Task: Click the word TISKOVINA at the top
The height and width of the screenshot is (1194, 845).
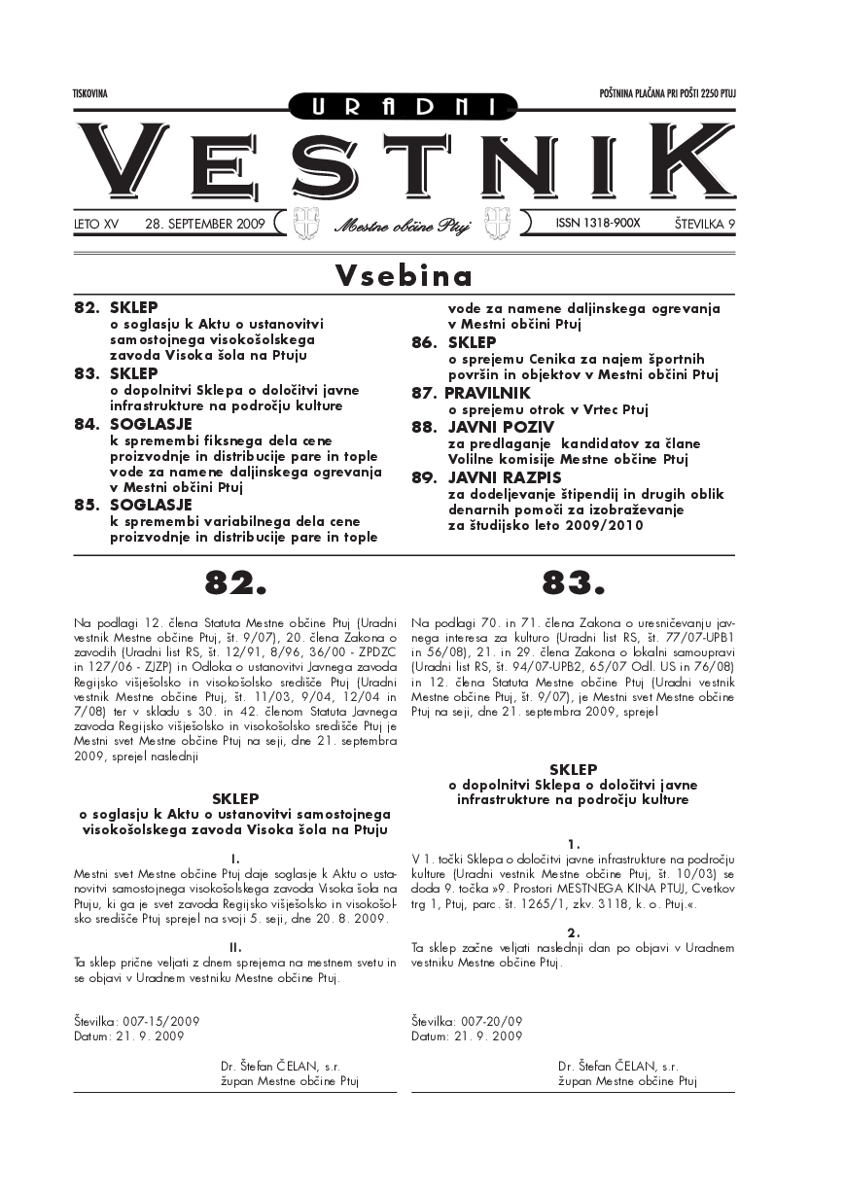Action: [x=89, y=93]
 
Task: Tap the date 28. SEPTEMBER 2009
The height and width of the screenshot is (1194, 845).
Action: [x=204, y=224]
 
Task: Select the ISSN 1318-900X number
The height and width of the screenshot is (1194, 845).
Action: [x=598, y=223]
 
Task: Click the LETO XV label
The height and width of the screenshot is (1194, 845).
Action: [x=96, y=224]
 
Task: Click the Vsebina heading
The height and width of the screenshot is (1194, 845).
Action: [x=404, y=276]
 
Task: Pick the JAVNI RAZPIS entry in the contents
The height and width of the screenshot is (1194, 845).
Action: [x=490, y=477]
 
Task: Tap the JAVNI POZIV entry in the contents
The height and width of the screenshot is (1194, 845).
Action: [x=487, y=427]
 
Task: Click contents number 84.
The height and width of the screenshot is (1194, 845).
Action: [x=88, y=424]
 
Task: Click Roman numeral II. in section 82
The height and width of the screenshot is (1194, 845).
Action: [x=235, y=946]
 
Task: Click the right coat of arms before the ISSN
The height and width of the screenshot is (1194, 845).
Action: [x=504, y=223]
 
